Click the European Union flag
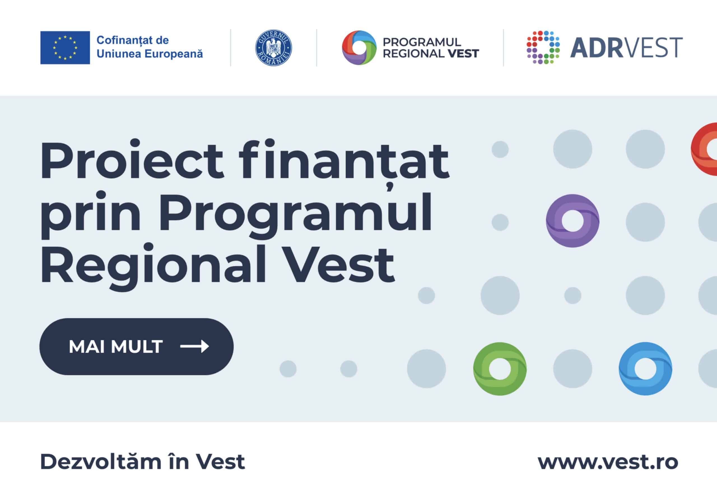coord(65,47)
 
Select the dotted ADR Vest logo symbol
coord(543,47)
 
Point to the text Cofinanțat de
coord(133,40)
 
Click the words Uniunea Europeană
coord(150,54)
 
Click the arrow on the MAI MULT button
coord(195,346)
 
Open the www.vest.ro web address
coord(608,462)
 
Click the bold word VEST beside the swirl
coord(464,54)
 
